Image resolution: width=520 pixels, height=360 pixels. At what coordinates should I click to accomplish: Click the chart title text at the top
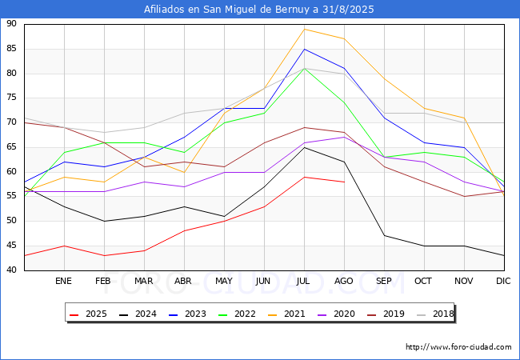258,10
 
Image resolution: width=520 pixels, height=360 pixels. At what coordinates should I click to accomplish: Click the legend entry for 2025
89,314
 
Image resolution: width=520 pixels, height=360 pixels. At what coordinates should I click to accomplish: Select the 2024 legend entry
138,314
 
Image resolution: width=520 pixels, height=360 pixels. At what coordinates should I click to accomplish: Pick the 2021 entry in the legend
287,314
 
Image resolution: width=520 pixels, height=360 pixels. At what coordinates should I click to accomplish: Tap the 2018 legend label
436,314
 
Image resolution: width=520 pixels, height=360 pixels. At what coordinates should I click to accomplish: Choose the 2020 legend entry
337,314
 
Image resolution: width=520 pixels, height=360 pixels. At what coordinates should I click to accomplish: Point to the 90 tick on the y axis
11,23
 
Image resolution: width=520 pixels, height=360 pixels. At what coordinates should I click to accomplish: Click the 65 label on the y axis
11,147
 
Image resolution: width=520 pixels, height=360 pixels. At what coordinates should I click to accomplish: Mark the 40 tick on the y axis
11,270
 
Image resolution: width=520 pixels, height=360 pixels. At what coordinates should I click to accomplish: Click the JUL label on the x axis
303,281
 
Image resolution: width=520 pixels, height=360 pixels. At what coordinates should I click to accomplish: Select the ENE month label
63,281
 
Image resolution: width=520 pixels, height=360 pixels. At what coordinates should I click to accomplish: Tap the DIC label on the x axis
503,281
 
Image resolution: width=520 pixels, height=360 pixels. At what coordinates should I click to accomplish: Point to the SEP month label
384,281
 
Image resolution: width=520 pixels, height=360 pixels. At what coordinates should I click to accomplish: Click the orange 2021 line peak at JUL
305,29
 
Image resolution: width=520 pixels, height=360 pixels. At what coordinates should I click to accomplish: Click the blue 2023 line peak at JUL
305,49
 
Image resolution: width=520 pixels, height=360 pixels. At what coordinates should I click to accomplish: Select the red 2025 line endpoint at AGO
344,182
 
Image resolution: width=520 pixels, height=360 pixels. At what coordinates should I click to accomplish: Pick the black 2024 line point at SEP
384,236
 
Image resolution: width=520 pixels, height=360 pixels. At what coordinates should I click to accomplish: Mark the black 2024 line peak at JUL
305,147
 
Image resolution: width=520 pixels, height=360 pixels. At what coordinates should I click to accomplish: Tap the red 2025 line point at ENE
64,246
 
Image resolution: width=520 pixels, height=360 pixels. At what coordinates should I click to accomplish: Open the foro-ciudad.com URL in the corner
458,347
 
